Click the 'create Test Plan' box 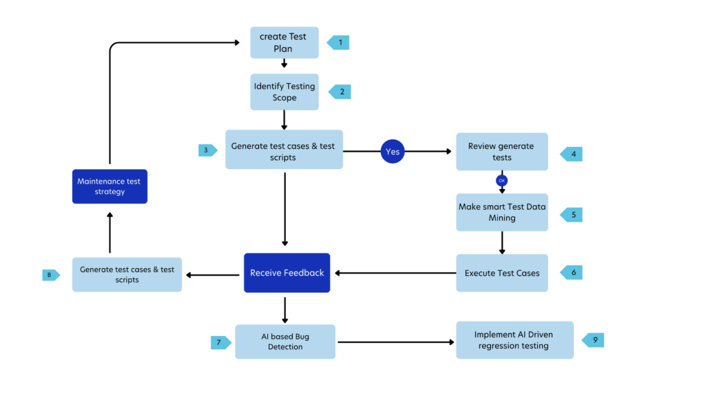(x=285, y=42)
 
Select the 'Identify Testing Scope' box (x=285, y=92)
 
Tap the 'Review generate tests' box (x=502, y=152)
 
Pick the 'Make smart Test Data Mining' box (x=502, y=212)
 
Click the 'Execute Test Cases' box (x=502, y=273)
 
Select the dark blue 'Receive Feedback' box (x=287, y=273)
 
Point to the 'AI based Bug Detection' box (x=285, y=342)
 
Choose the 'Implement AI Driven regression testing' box (x=514, y=340)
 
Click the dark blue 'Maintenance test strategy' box (x=109, y=186)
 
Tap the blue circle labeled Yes (x=393, y=152)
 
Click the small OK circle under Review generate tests (x=502, y=181)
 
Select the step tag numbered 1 (x=339, y=43)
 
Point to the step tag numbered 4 (x=572, y=154)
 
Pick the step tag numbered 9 (x=593, y=340)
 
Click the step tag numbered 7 (x=220, y=342)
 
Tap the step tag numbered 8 (x=51, y=275)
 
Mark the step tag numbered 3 (x=207, y=150)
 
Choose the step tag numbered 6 (x=572, y=273)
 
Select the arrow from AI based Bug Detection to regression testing (x=395, y=342)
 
